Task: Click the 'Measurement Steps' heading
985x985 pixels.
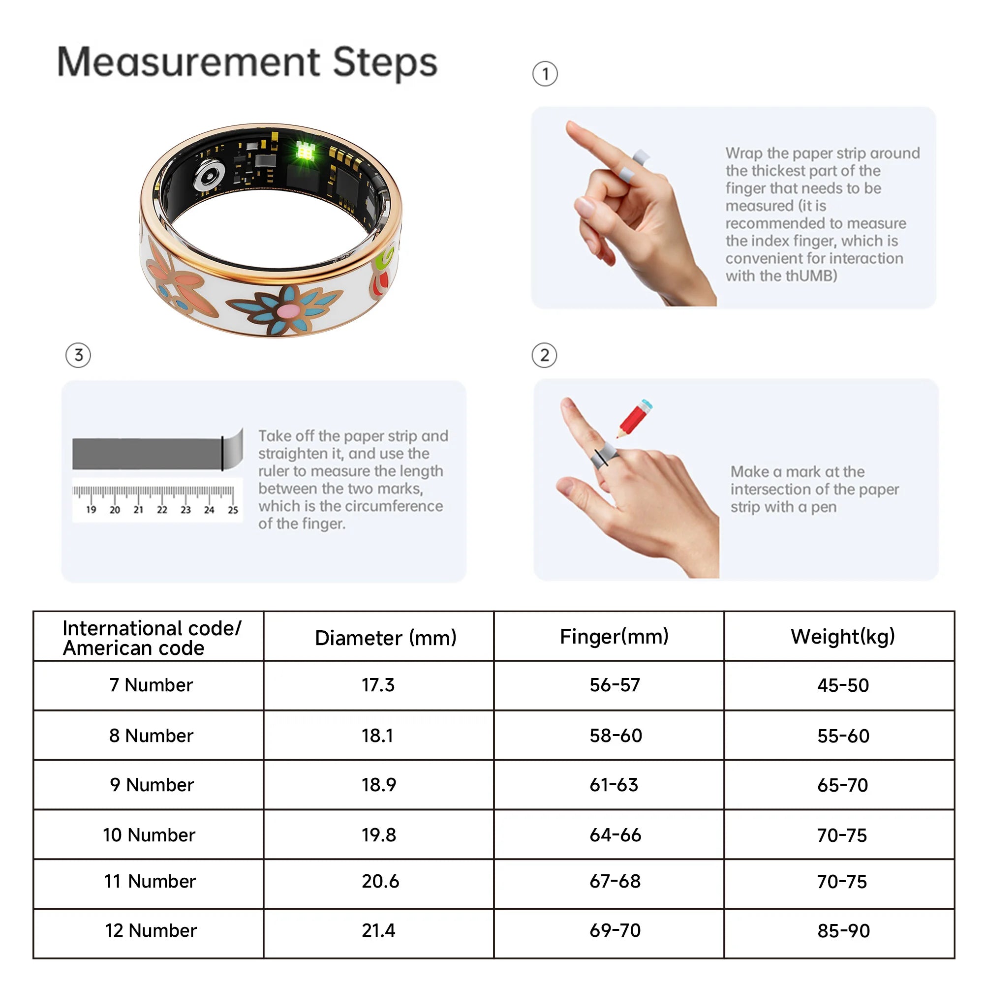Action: [247, 62]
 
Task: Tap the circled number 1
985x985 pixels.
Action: [545, 74]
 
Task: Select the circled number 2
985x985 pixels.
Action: [545, 355]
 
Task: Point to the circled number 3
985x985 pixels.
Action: [78, 355]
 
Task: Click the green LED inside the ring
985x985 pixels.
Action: [306, 151]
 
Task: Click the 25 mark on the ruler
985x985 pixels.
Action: [233, 510]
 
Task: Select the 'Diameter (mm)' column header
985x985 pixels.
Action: [385, 638]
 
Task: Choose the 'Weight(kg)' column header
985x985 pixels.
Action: [843, 636]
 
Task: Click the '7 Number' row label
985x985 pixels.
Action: [151, 685]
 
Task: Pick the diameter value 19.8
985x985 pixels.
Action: [378, 834]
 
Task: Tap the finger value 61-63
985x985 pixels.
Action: [614, 785]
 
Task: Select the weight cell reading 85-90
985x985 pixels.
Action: [843, 930]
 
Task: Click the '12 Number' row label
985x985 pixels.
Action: [151, 930]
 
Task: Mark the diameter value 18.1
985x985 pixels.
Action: [377, 735]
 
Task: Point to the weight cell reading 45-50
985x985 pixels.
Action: [843, 685]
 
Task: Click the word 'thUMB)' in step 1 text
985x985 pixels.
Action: [811, 276]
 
